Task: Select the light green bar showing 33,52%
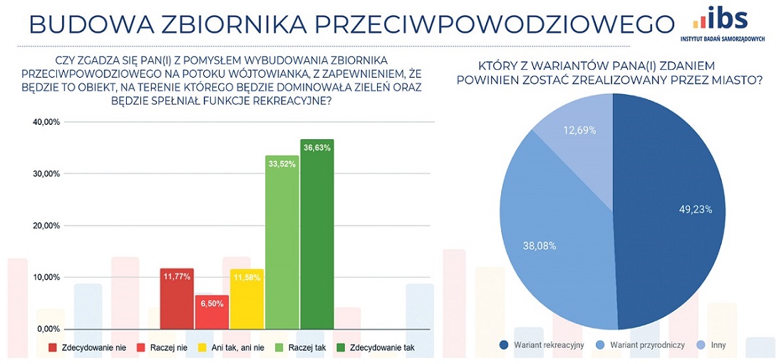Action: coord(282,243)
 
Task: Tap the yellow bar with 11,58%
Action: coord(247,299)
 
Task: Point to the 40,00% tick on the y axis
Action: coord(45,122)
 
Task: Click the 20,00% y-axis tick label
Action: coord(45,226)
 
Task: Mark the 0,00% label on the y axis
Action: coord(47,329)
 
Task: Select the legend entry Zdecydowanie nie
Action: coord(86,348)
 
